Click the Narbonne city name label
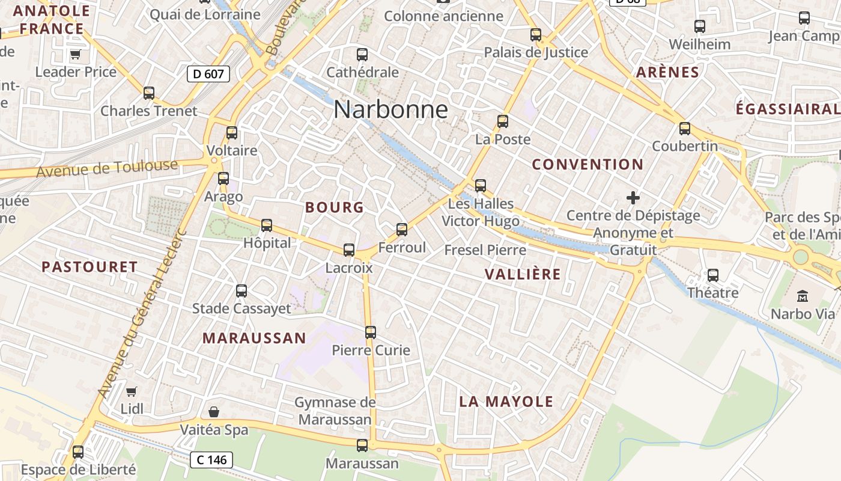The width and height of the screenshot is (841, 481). [x=390, y=109]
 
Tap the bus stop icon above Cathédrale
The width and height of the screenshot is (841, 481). [x=362, y=55]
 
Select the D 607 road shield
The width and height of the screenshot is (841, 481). [x=208, y=74]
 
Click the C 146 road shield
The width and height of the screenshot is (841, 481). [x=211, y=460]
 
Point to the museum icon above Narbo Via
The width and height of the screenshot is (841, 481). [x=803, y=296]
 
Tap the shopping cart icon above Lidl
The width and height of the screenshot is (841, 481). [x=132, y=391]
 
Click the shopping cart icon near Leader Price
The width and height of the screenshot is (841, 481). [x=76, y=55]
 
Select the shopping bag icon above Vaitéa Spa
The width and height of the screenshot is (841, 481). [x=213, y=412]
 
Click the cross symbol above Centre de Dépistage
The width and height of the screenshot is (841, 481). [x=633, y=197]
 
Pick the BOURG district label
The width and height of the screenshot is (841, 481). [x=335, y=207]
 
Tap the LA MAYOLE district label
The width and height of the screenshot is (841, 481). [x=506, y=402]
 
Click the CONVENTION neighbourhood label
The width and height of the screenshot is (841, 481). [x=587, y=164]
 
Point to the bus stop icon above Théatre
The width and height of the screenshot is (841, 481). [x=713, y=275]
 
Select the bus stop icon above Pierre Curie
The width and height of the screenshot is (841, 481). [x=371, y=332]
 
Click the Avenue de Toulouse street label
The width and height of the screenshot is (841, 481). [x=108, y=168]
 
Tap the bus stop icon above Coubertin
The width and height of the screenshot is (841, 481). [x=685, y=129]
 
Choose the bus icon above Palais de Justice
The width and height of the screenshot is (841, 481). [x=536, y=35]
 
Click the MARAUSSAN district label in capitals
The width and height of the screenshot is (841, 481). [x=254, y=338]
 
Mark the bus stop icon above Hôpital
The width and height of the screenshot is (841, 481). [x=267, y=225]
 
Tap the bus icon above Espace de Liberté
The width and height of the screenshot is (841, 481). [x=78, y=452]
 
